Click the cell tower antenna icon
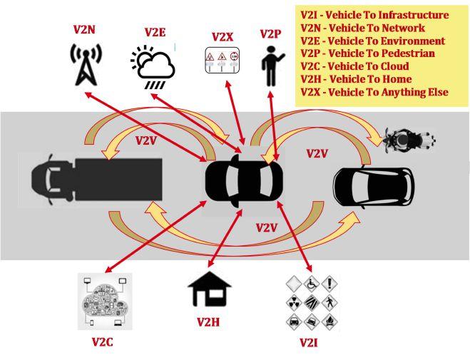point(84,65)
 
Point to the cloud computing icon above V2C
point(105,302)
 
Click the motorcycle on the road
point(408,140)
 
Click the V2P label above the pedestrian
point(270,34)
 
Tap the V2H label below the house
point(208,322)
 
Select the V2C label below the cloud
point(102,341)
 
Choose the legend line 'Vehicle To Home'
point(362,79)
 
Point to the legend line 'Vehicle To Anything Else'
point(374,92)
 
